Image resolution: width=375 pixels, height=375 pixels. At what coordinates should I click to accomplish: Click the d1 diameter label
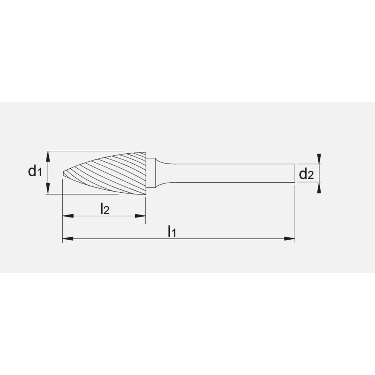pyautogui.click(x=34, y=172)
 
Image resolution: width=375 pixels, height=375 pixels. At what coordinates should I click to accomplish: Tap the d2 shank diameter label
pyautogui.click(x=306, y=174)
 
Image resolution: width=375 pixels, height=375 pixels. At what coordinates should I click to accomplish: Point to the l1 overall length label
pyautogui.click(x=171, y=231)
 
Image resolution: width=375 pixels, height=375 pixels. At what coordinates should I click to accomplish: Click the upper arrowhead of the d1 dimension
pyautogui.click(x=48, y=155)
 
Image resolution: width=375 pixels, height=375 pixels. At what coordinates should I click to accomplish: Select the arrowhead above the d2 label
pyautogui.click(x=319, y=159)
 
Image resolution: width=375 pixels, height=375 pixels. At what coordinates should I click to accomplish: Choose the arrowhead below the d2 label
pyautogui.click(x=319, y=187)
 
